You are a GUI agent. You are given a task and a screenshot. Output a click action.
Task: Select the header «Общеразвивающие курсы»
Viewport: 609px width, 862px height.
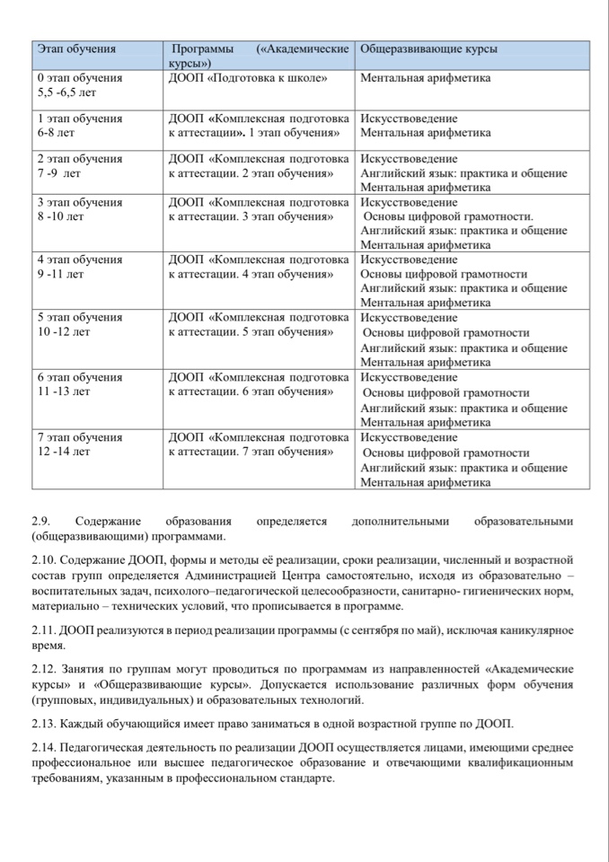pos(428,48)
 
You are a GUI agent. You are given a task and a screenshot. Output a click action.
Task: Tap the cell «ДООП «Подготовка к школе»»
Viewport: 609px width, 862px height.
pos(247,78)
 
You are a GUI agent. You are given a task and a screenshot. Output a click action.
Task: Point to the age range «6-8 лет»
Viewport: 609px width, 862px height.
pos(55,133)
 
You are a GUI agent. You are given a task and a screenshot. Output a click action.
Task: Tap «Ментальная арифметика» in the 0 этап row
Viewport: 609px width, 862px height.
pos(425,78)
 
